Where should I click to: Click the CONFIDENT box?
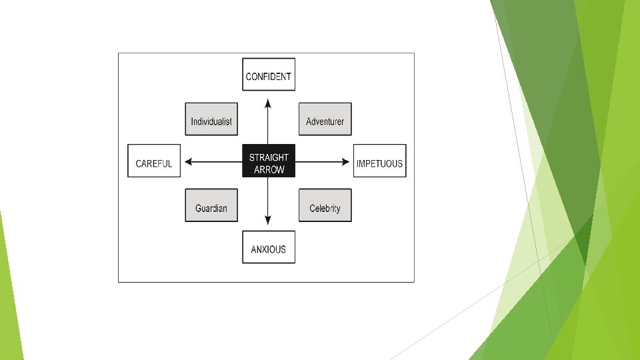pyautogui.click(x=268, y=74)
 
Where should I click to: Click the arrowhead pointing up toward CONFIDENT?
pyautogui.click(x=268, y=103)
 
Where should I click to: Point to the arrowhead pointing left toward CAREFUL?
pyautogui.click(x=189, y=161)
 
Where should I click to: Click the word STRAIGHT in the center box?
pyautogui.click(x=269, y=157)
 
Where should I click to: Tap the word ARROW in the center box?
pyautogui.click(x=269, y=169)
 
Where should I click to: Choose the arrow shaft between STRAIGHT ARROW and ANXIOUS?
pyautogui.click(x=268, y=197)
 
